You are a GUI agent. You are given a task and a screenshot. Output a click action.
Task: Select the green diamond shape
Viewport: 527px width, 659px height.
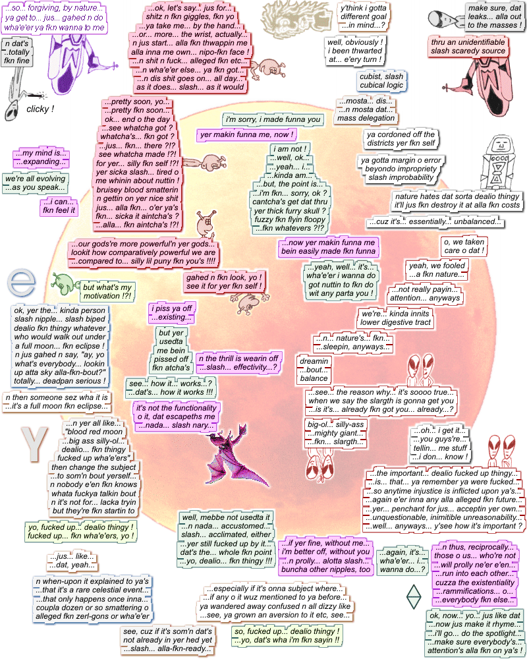pos(413,597)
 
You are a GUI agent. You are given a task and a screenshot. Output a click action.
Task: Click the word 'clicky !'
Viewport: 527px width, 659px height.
pos(40,109)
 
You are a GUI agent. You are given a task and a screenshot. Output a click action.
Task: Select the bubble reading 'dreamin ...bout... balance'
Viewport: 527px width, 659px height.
pos(314,370)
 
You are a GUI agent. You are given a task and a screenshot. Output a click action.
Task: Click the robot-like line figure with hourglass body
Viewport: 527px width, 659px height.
pos(498,161)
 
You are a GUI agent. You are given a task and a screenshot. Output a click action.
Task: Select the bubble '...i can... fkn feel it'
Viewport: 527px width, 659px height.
pos(56,206)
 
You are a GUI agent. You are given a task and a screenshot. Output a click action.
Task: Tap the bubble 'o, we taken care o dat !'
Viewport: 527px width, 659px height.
pos(464,246)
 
